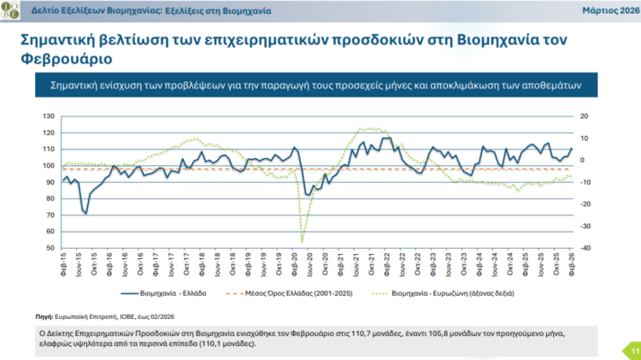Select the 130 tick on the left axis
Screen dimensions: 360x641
point(49,115)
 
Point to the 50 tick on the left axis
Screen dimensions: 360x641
point(50,248)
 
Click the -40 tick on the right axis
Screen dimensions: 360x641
point(585,248)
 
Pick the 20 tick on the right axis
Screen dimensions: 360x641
point(584,115)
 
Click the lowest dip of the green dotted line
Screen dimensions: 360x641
point(302,241)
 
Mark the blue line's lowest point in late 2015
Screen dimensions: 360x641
point(86,213)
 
